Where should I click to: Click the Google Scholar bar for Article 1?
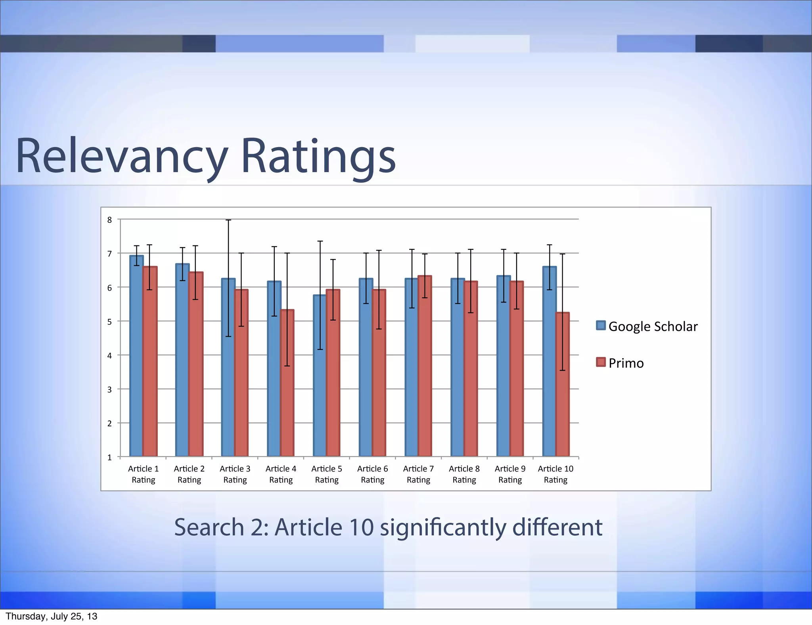136,357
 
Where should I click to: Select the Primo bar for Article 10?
562,385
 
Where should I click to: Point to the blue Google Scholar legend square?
601,326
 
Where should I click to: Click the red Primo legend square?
601,362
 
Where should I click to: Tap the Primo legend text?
626,363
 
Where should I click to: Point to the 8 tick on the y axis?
110,220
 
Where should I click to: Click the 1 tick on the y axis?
110,457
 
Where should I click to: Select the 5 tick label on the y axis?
110,322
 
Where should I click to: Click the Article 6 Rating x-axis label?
372,474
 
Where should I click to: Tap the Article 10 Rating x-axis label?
555,474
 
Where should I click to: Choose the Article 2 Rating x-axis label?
189,474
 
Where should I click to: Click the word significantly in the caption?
442,528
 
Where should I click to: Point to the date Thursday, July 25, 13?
52,616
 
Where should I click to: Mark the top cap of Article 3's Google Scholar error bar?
228,220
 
